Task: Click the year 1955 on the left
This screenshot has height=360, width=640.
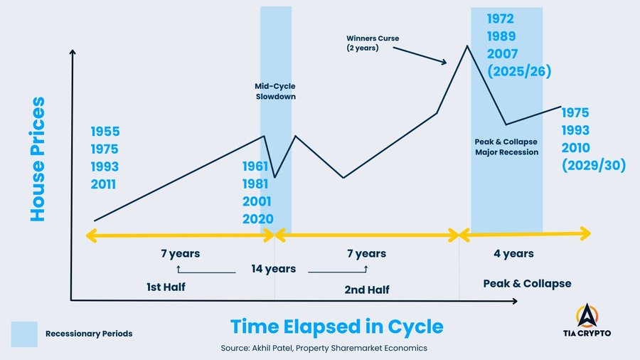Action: click(105, 132)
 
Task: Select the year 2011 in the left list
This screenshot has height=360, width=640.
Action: click(104, 186)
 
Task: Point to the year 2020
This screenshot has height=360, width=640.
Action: click(257, 219)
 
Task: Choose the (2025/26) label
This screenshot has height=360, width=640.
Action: click(520, 71)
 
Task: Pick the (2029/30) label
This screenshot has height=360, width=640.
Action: click(593, 166)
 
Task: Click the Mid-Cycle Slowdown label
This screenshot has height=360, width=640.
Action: click(275, 91)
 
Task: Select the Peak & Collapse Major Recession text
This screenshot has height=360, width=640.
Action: click(506, 147)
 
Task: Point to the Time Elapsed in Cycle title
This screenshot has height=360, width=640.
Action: click(336, 327)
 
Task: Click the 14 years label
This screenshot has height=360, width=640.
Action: click(273, 269)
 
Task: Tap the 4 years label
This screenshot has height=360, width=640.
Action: click(513, 253)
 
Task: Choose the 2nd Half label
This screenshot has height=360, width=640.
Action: click(366, 289)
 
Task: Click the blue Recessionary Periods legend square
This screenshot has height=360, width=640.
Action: click(23, 334)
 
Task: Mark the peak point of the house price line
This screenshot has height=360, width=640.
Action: click(466, 46)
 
